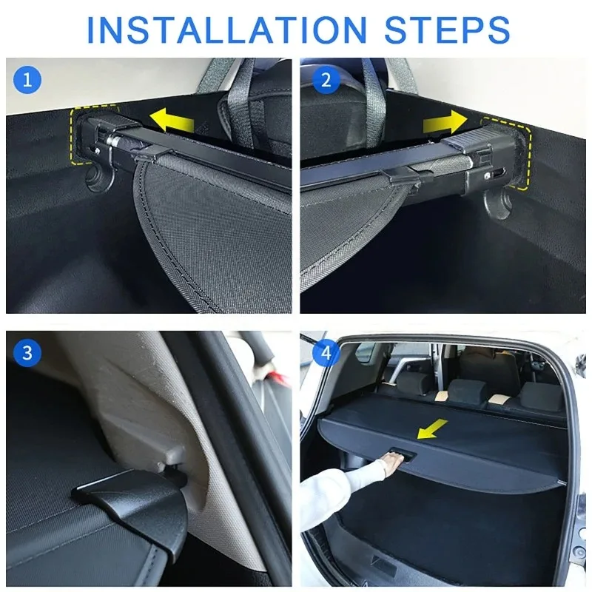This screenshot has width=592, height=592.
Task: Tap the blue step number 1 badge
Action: [x=27, y=80]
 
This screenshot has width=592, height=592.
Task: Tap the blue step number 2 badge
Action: [x=326, y=80]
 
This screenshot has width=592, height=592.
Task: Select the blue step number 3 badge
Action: [x=27, y=353]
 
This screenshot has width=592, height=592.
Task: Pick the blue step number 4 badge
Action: [x=326, y=353]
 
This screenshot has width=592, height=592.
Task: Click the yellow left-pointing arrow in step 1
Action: [x=172, y=119]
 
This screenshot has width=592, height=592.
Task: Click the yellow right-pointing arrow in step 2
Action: [x=445, y=122]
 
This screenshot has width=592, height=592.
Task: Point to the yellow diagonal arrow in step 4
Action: [x=432, y=429]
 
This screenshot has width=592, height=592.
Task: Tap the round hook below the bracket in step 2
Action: [x=498, y=204]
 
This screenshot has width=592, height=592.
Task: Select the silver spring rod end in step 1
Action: [x=112, y=141]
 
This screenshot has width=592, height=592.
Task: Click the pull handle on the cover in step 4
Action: [x=402, y=454]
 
